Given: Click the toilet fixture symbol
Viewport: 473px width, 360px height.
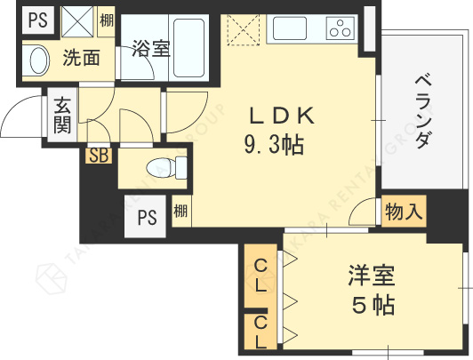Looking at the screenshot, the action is (x=166, y=168).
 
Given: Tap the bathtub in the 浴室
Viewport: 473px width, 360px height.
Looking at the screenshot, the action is (x=189, y=48).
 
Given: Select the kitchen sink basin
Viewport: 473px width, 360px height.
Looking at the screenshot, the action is (x=289, y=28).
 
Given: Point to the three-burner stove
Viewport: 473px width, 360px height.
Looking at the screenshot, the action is (x=341, y=28).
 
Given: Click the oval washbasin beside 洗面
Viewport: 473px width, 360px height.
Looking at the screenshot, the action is (x=39, y=60).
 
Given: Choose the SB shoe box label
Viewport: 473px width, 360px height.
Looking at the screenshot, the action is (x=99, y=156).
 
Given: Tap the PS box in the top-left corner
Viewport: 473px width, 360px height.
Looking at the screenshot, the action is (x=38, y=20).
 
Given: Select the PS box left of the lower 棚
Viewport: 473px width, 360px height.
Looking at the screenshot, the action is (x=146, y=216).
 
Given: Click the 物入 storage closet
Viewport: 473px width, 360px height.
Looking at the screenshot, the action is (x=404, y=211).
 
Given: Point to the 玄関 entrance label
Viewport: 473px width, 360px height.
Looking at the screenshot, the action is (x=62, y=116).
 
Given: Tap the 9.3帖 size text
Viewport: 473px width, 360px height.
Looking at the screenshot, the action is (x=274, y=145).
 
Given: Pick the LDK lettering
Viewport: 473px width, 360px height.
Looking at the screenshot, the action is (x=282, y=116).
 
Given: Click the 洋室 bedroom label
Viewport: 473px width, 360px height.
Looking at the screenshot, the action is (x=372, y=276).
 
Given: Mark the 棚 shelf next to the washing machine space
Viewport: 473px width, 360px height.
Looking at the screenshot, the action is (x=107, y=21).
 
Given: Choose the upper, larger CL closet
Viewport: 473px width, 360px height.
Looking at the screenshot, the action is (x=261, y=276).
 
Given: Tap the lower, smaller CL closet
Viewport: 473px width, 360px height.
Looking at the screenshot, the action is (x=261, y=332).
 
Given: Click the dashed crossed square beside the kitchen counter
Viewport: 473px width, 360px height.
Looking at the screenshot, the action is (x=243, y=29).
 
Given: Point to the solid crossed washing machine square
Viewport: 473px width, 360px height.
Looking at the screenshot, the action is (x=77, y=21).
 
